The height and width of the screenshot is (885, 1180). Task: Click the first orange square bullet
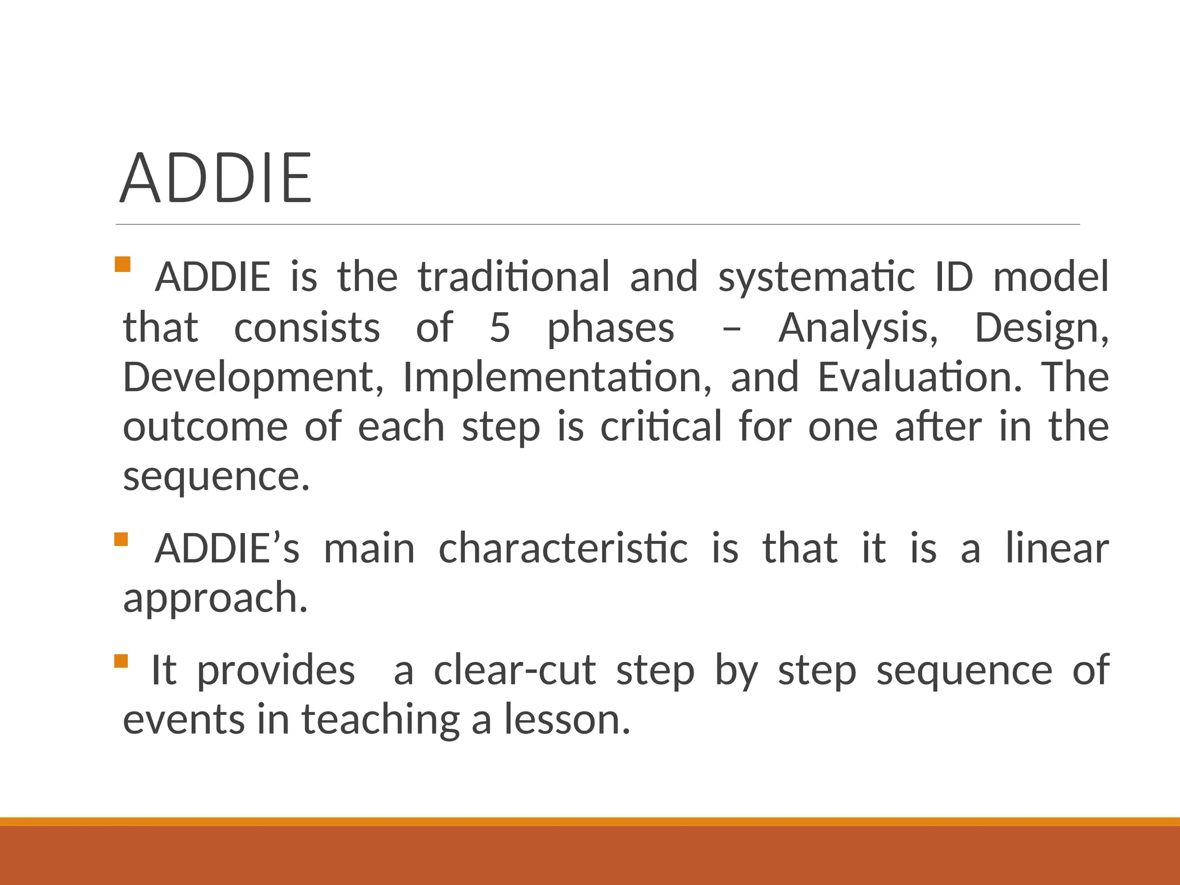[123, 264]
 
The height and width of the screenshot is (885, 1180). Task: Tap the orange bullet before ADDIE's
[121, 539]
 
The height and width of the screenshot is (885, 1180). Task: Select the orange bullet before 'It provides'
[121, 660]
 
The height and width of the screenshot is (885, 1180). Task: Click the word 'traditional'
[513, 277]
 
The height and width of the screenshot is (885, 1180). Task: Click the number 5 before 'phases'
[500, 327]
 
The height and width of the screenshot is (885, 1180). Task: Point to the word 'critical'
[661, 427]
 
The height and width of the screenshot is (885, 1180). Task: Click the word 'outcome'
[205, 427]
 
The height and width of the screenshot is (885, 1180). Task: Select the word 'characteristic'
[563, 548]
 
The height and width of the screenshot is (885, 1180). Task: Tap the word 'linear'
[1057, 548]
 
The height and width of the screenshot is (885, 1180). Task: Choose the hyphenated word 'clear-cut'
[515, 670]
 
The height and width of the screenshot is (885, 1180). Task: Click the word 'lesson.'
[568, 720]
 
